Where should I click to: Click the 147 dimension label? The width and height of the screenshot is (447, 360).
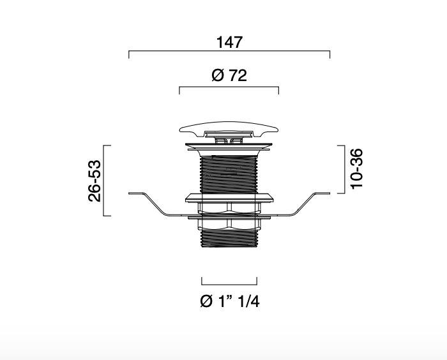[x=229, y=42]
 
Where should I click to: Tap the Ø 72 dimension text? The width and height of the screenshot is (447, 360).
[x=229, y=75]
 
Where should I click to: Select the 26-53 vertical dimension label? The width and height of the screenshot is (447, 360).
[x=95, y=181]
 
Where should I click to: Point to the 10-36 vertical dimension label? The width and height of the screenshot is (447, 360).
[x=356, y=169]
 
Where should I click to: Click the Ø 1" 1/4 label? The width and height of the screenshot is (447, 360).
[x=230, y=301]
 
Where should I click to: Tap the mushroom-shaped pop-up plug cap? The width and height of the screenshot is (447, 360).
[x=229, y=128]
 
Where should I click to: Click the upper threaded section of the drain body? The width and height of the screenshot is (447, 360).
[x=229, y=174]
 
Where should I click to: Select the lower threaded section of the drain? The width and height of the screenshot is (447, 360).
[x=229, y=238]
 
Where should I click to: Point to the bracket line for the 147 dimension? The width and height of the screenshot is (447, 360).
[x=229, y=51]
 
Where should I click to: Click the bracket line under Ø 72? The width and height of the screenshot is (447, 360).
[x=229, y=87]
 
